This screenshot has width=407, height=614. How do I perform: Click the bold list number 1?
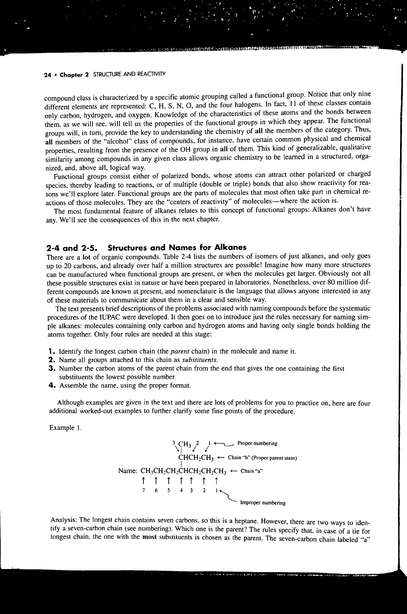(50, 352)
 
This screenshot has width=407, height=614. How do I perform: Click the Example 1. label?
(65, 428)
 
